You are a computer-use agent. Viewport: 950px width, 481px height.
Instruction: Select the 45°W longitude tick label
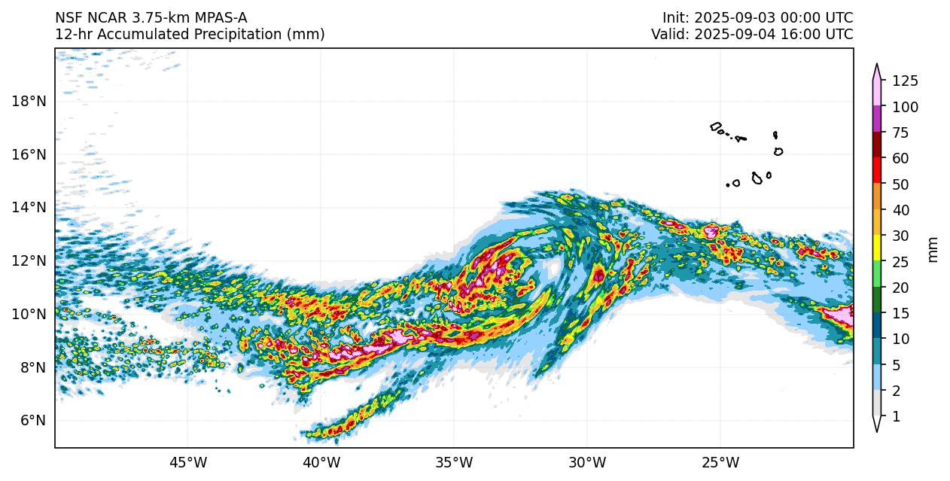[187, 462]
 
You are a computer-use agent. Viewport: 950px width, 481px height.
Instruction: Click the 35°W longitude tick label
[454, 462]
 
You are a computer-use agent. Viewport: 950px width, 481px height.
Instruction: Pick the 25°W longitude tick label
[720, 462]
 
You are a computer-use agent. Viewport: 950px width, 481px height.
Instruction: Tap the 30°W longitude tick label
[587, 462]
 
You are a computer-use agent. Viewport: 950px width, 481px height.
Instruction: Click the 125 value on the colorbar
[905, 81]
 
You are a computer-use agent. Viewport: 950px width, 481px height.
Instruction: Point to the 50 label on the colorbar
[901, 184]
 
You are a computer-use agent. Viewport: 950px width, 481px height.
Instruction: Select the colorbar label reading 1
[896, 416]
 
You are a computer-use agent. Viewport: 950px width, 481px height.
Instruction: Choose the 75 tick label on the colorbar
[901, 133]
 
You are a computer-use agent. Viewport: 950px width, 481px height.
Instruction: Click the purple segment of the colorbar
[877, 120]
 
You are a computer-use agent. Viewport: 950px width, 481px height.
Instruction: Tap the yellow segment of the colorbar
[877, 248]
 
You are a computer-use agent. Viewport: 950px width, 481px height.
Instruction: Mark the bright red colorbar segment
[877, 171]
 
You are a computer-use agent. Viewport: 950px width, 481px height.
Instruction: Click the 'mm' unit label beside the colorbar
[933, 249]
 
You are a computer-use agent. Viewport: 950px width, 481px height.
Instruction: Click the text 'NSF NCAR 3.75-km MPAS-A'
[151, 18]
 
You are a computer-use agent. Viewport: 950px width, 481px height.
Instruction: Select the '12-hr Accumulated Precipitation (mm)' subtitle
[190, 35]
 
